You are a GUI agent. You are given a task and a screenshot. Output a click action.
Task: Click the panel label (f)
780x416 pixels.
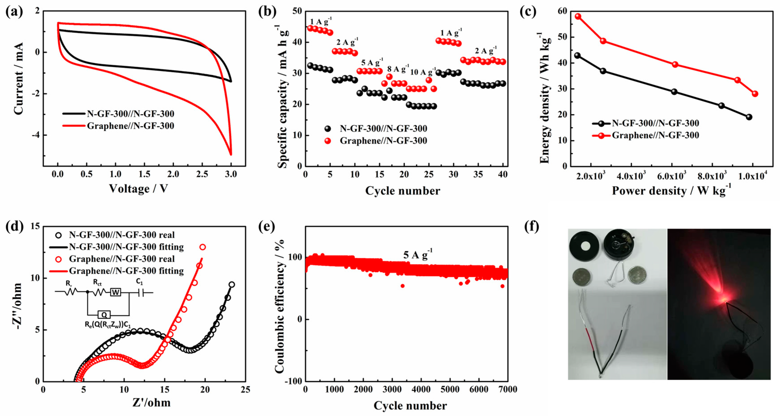tap(531, 227)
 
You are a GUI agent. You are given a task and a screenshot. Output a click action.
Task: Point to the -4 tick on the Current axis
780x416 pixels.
tap(36, 135)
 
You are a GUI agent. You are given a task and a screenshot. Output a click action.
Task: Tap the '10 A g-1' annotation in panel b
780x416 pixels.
tap(423, 72)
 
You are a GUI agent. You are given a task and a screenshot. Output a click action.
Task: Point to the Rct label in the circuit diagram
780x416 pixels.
tap(97, 282)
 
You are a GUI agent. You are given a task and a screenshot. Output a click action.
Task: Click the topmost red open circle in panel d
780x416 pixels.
tap(203, 247)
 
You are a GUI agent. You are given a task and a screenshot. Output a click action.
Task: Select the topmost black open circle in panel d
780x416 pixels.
tap(232, 284)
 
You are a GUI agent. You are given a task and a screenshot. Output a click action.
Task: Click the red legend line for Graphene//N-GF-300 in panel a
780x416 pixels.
tap(74, 126)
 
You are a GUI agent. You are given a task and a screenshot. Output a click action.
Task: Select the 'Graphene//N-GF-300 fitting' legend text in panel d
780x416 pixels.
tap(126, 271)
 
